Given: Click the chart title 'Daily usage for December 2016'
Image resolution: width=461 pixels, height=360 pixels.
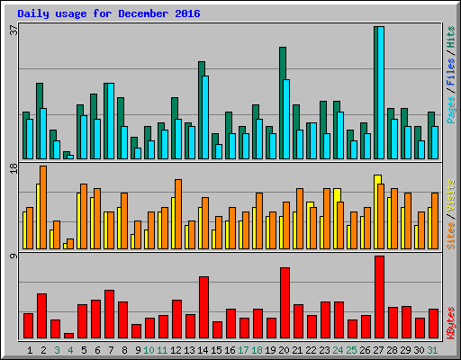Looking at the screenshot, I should pyautogui.click(x=109, y=14).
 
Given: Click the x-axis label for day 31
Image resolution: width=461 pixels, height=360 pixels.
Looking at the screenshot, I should pyautogui.click(x=433, y=350).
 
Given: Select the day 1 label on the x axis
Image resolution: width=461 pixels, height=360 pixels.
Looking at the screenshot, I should pyautogui.click(x=30, y=350).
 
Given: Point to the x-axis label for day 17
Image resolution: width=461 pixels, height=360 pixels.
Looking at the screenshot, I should pyautogui.click(x=244, y=350).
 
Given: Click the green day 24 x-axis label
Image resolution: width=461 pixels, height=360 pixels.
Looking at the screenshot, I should pyautogui.click(x=339, y=350).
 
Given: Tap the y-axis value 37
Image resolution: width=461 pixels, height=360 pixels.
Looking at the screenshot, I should pyautogui.click(x=13, y=30).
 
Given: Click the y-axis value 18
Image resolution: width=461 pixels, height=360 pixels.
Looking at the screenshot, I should pyautogui.click(x=13, y=169).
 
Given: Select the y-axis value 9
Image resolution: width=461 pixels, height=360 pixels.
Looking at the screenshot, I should pyautogui.click(x=13, y=257).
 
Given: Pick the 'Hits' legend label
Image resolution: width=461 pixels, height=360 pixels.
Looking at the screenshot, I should pyautogui.click(x=450, y=38).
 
